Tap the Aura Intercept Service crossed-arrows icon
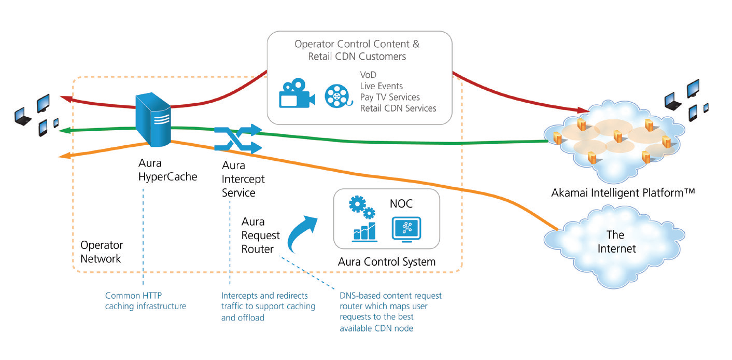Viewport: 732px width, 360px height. tap(237, 139)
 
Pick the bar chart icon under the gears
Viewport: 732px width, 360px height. tap(364, 232)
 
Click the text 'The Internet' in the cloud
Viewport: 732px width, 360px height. tap(616, 241)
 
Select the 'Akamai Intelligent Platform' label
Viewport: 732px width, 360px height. tap(623, 193)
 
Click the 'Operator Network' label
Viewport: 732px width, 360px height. tap(102, 252)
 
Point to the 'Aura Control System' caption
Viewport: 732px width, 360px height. tap(387, 262)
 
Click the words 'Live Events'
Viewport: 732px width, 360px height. tap(381, 86)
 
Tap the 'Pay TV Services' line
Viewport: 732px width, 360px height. tap(390, 97)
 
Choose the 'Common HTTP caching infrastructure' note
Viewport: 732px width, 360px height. tap(145, 301)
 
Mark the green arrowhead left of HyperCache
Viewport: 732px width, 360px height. tap(63, 130)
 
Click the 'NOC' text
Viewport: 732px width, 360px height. tap(402, 204)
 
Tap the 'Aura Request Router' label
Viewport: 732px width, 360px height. tap(260, 236)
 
